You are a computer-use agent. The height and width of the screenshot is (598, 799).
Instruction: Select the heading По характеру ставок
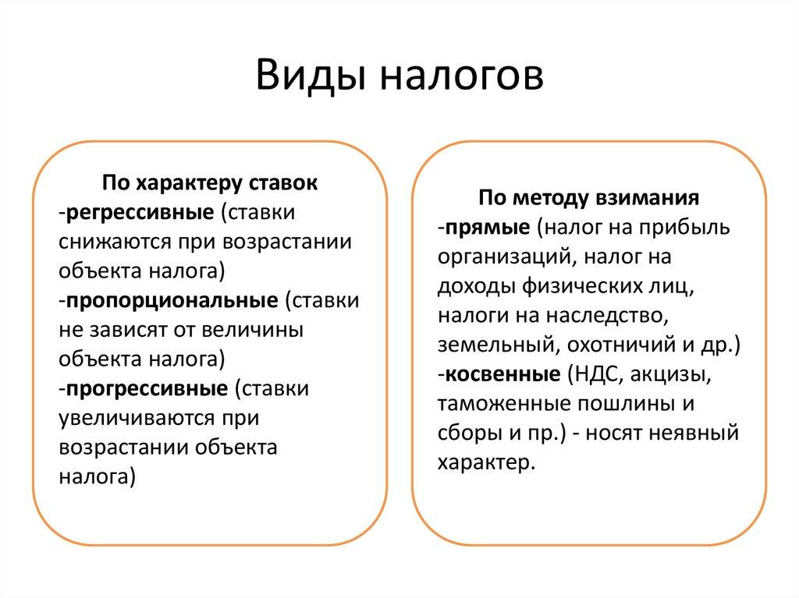pos(210,183)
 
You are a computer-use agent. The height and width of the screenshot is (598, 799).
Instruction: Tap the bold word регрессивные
pos(141,212)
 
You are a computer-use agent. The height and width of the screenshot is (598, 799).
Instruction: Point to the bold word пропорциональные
pos(172,300)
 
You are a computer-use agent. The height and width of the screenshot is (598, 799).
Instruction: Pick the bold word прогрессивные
pos(147,387)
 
